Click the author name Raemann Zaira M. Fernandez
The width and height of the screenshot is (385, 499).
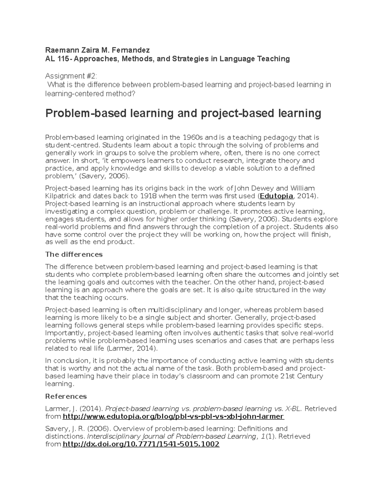[98, 50]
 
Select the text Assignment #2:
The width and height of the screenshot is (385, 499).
[71, 76]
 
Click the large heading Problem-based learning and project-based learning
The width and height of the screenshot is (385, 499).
[183, 113]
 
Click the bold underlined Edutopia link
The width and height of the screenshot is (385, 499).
[276, 196]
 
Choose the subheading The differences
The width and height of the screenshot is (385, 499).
[74, 254]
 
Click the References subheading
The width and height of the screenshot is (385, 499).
[66, 396]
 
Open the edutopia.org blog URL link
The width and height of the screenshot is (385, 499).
[173, 417]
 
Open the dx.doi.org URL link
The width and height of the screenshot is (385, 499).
[141, 444]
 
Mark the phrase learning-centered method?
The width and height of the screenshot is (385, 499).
[90, 94]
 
